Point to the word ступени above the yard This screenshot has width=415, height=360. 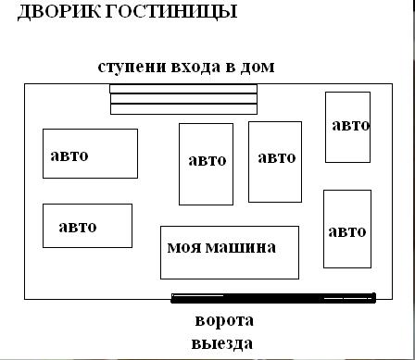click(x=132, y=68)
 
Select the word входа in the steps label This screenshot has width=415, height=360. click(x=195, y=67)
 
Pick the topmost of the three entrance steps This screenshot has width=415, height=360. click(x=183, y=89)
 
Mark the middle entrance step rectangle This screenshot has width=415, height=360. click(x=183, y=99)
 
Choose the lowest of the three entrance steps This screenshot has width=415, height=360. click(x=183, y=109)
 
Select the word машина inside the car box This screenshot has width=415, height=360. click(x=241, y=247)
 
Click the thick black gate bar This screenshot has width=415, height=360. click(x=273, y=298)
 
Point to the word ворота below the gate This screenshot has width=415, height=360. click(x=224, y=321)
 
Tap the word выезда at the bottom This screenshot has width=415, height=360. click(x=222, y=343)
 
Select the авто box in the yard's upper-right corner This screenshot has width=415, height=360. click(x=347, y=127)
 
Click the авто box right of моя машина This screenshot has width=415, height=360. click(x=347, y=229)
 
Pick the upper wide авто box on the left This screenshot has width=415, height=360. click(x=90, y=154)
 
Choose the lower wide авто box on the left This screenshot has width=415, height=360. click(x=87, y=226)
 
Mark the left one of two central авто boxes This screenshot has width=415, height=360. click(x=206, y=164)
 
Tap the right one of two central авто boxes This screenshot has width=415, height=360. click(x=275, y=162)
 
